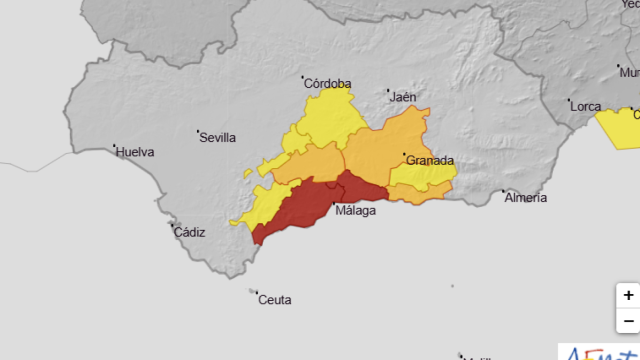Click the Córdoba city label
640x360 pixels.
[x=327, y=83]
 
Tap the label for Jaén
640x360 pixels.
[x=404, y=97]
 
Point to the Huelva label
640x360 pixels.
[x=135, y=153]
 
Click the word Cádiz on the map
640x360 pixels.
[x=189, y=232]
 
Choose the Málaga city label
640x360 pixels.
[x=356, y=211]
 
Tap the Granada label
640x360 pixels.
[x=430, y=160]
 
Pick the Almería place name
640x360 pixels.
[x=526, y=198]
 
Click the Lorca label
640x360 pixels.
[x=585, y=106]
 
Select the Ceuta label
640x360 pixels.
[x=274, y=299]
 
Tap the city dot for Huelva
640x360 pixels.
[x=115, y=146]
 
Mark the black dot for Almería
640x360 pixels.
[x=504, y=191]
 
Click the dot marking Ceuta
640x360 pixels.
[x=253, y=292]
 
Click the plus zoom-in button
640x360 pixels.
[x=628, y=296]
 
